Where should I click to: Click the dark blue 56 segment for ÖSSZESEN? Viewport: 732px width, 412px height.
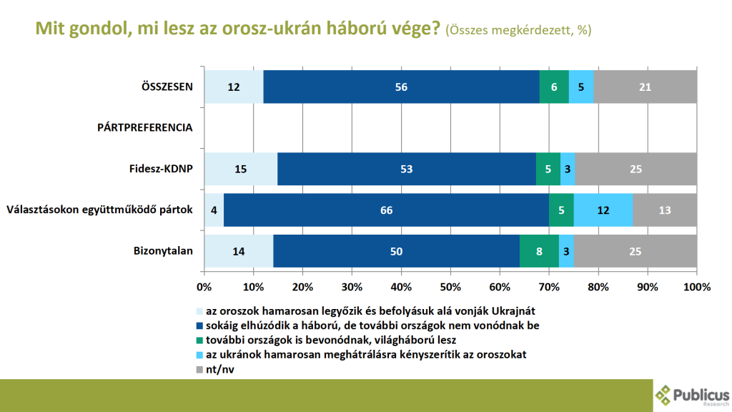[x=401, y=87]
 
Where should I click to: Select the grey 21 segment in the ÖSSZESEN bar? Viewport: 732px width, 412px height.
[x=645, y=87]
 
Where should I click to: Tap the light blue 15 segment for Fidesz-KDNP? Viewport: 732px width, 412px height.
[x=240, y=170]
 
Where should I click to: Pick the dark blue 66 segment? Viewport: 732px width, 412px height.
[x=386, y=210]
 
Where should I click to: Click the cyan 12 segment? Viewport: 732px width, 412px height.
[x=603, y=210]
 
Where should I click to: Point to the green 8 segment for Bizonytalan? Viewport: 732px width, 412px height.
[x=539, y=251]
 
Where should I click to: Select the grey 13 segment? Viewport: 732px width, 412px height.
[x=665, y=210]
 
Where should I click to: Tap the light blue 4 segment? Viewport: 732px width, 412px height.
[x=214, y=210]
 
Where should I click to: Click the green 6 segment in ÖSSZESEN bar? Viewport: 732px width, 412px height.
[x=553, y=87]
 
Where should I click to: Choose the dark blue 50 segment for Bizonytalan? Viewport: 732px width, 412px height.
[x=396, y=251]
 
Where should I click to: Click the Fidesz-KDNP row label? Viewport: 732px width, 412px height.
[x=162, y=170]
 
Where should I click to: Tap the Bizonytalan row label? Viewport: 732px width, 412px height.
[x=164, y=251]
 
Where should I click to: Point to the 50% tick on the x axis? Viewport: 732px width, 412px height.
[x=450, y=287]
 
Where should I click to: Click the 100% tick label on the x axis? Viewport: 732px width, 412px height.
[x=697, y=287]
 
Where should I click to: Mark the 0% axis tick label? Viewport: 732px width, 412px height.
[x=204, y=287]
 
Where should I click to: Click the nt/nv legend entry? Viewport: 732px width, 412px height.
[x=219, y=370]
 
